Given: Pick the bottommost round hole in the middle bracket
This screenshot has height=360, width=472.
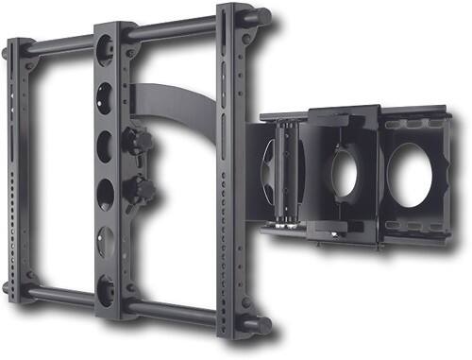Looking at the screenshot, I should [x=107, y=284].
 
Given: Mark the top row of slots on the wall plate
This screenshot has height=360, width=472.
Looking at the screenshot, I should [x=415, y=124].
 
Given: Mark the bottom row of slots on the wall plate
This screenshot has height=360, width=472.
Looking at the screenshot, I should [x=415, y=228].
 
